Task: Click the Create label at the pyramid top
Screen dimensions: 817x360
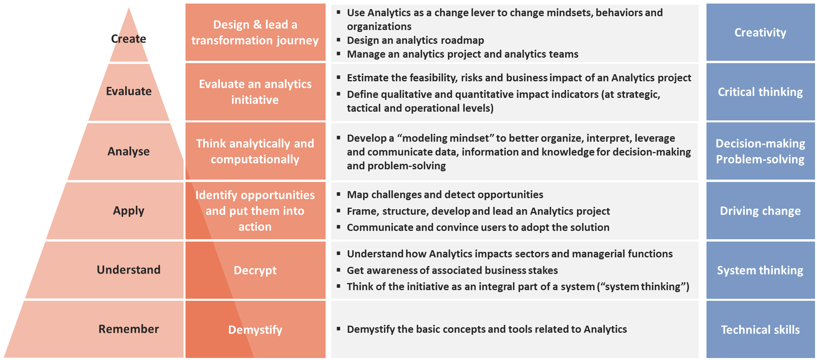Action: click(x=129, y=39)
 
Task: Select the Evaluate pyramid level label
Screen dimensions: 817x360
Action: click(x=129, y=91)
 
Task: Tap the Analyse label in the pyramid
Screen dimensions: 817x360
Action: click(x=129, y=151)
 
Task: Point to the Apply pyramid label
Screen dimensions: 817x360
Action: click(x=129, y=211)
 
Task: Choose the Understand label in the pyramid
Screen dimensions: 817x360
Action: click(x=129, y=270)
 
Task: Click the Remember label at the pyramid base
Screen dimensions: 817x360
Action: click(x=129, y=329)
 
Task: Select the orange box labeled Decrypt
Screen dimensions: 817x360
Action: click(x=255, y=270)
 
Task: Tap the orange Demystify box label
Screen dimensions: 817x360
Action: click(x=255, y=330)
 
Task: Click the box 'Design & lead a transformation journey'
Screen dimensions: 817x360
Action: click(x=255, y=32)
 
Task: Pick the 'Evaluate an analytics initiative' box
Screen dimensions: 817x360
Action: click(x=255, y=92)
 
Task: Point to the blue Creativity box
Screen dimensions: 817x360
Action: click(x=761, y=32)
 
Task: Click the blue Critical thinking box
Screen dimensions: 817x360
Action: click(x=761, y=92)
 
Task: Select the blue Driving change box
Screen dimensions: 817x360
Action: click(x=761, y=211)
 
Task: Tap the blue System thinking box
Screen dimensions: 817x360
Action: click(x=761, y=270)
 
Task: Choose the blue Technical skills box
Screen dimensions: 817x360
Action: click(x=761, y=330)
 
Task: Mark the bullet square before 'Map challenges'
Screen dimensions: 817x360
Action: click(x=339, y=194)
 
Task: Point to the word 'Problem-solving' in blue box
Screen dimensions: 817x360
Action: click(x=760, y=159)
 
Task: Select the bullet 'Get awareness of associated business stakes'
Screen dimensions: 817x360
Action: click(x=452, y=270)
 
